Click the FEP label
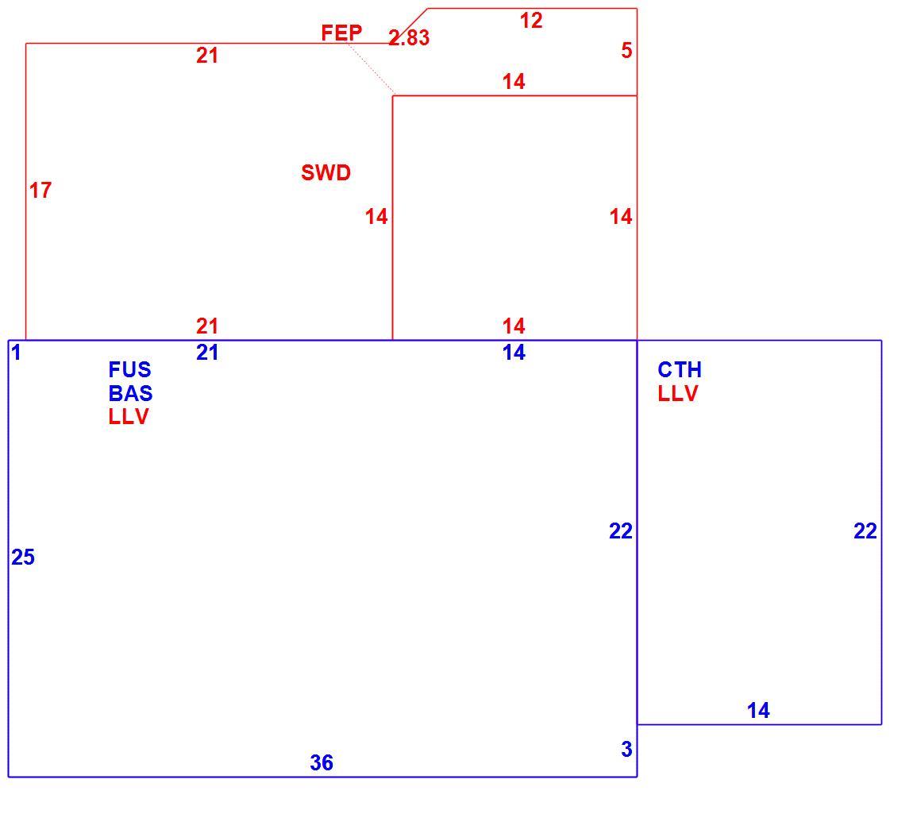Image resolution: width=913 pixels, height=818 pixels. [341, 33]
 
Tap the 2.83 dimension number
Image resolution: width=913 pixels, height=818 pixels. [409, 38]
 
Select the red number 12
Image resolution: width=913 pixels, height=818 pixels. [531, 21]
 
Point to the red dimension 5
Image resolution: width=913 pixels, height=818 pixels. [626, 51]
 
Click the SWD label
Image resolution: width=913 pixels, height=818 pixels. [326, 172]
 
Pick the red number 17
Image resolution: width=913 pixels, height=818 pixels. [40, 190]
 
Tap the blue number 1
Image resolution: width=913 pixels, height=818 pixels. [17, 353]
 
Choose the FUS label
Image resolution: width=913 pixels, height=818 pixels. [130, 369]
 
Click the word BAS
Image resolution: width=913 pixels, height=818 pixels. [130, 393]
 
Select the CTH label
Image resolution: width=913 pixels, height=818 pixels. [680, 369]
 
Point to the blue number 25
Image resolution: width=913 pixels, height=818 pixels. [23, 557]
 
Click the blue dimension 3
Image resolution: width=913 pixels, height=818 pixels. [626, 749]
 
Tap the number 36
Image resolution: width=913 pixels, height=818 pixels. [322, 762]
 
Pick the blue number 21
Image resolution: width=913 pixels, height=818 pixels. [207, 353]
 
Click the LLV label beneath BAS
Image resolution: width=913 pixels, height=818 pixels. [129, 417]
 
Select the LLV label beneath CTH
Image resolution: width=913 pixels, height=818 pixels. [678, 393]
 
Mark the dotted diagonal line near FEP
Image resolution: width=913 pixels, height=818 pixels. [370, 68]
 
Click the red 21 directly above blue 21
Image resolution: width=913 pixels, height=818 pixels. [207, 326]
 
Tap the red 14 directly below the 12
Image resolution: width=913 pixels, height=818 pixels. [514, 82]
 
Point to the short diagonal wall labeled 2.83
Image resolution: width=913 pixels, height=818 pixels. [410, 25]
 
